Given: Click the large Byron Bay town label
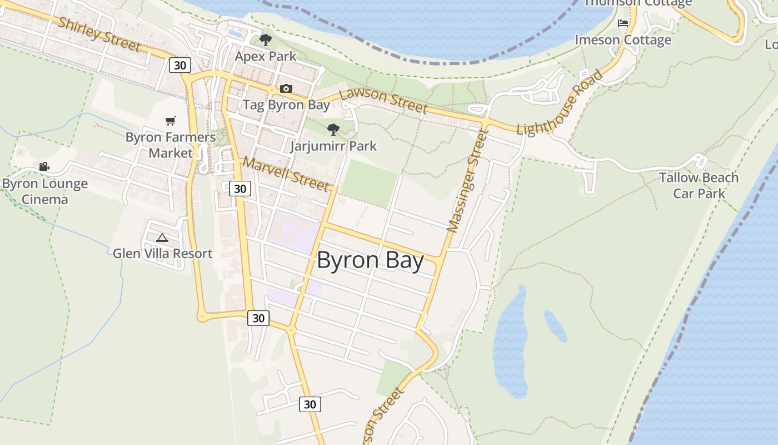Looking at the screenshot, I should (x=370, y=260).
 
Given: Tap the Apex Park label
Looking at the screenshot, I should (x=266, y=56).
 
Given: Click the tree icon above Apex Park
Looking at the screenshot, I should (x=266, y=39).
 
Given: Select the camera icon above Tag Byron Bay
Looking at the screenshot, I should (x=286, y=88).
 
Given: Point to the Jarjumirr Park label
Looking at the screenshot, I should (x=333, y=146).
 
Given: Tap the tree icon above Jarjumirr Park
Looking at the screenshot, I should (x=333, y=130).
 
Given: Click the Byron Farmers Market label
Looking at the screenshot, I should (x=171, y=145).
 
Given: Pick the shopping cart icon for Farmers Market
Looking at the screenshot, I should (x=171, y=121).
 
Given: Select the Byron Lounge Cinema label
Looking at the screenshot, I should (x=45, y=191).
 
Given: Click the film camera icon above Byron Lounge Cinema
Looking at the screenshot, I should (x=44, y=166).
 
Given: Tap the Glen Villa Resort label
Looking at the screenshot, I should (x=162, y=254).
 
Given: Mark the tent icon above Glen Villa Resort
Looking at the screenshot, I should (x=162, y=238).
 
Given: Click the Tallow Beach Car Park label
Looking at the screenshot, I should (x=699, y=185).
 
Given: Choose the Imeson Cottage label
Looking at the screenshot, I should (x=623, y=40).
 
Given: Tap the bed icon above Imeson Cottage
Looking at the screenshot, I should (x=623, y=23).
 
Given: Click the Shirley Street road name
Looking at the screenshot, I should (x=99, y=34).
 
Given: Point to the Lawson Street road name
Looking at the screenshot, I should (x=383, y=101).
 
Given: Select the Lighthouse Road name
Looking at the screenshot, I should (x=560, y=103).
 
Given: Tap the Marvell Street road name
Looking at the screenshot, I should (x=286, y=174).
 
